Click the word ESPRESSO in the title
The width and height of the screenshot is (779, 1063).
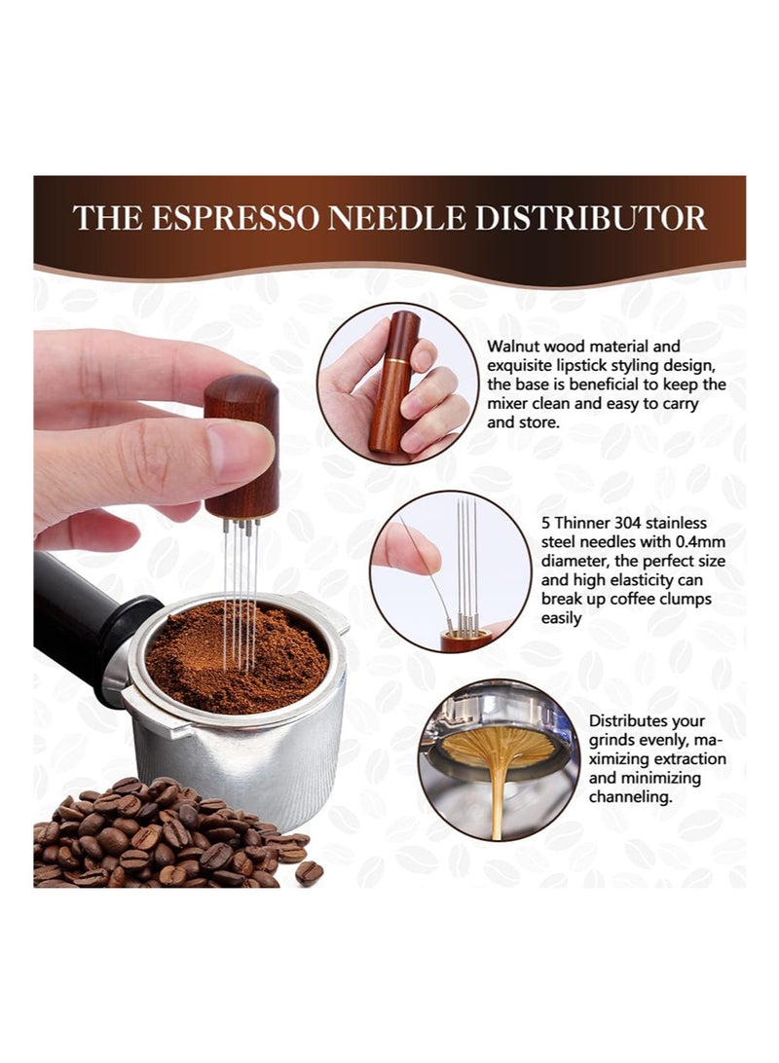[235, 218]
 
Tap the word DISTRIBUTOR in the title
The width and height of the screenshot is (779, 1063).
[590, 218]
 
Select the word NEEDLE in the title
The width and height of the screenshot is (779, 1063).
[396, 218]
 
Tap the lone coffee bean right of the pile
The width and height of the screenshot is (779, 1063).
[309, 872]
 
